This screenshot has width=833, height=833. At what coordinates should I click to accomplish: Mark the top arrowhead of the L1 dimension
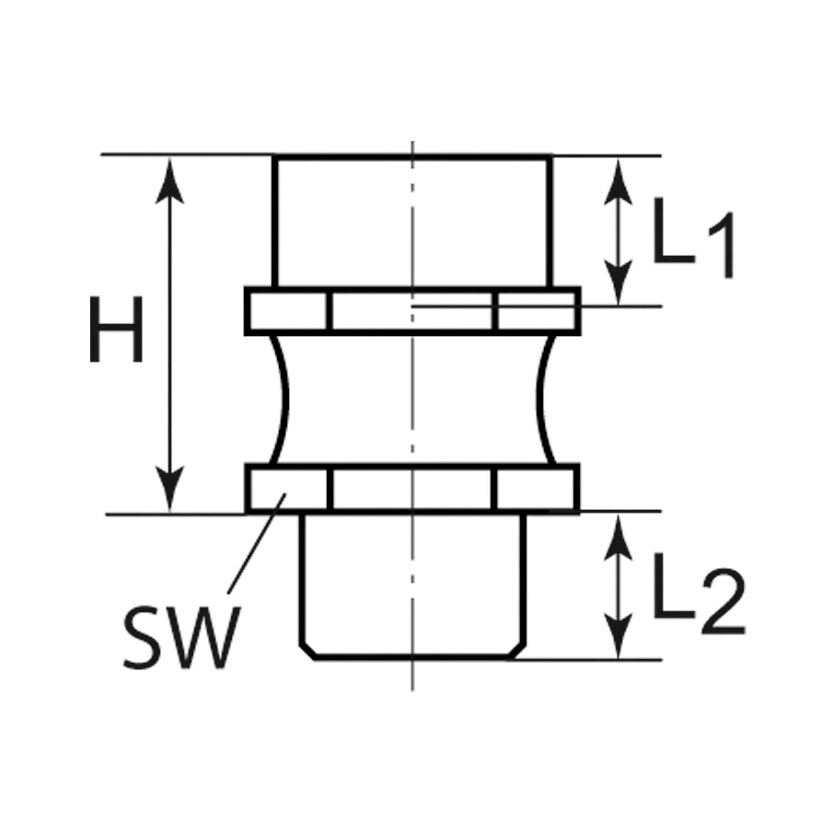click(618, 183)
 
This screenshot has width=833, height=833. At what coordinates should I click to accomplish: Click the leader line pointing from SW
click(256, 544)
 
